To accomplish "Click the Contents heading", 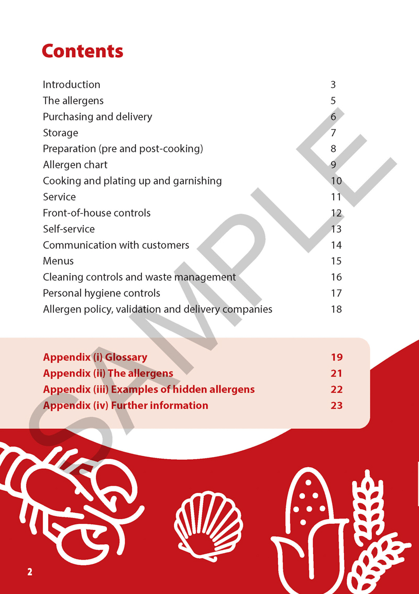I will point(82,51).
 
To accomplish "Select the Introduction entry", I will point(71,84).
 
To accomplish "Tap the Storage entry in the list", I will point(60,133).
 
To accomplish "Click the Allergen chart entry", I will point(75,165).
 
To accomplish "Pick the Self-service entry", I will point(69,229).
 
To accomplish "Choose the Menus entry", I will point(58,261).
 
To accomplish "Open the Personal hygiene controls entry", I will point(101,293).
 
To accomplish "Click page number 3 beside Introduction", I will point(333,84).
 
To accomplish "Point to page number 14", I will point(336,245).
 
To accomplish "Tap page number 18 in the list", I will point(336,309).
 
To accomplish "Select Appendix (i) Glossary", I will point(95,358).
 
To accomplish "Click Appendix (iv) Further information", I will point(125,406).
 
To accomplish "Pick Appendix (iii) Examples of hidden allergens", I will point(149,390).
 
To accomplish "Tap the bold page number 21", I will point(336,374).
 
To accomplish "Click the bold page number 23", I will point(336,406).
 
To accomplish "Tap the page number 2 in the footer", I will point(30,571).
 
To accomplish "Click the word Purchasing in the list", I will point(65,116).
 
